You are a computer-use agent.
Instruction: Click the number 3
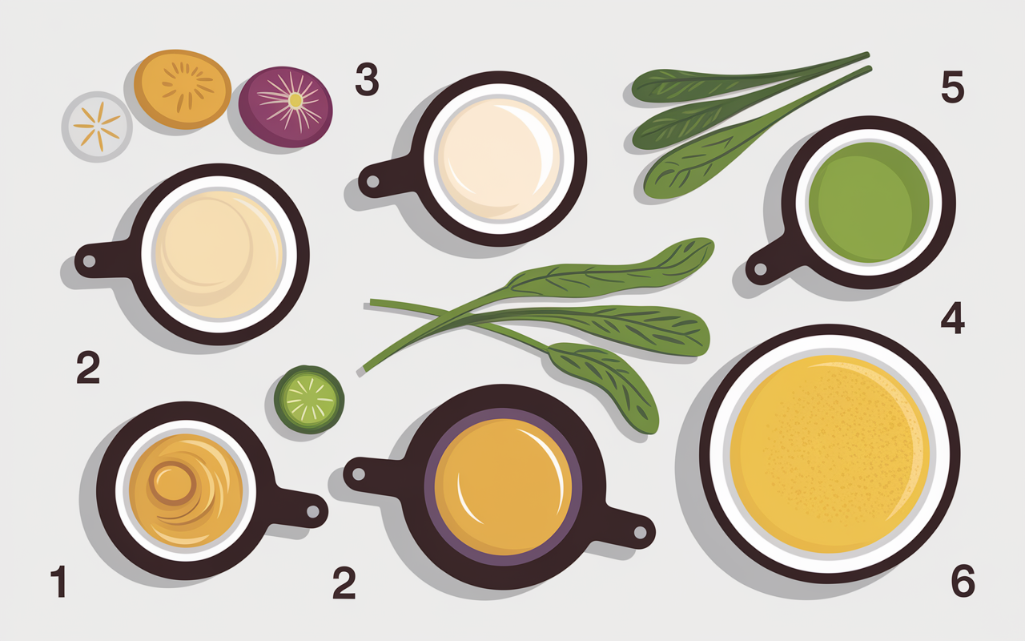coord(367,79)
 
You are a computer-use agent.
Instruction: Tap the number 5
coord(953,87)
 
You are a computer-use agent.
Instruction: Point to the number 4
coord(953,317)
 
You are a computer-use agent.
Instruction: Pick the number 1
coord(59,581)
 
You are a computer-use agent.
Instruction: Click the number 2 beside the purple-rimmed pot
coord(344,583)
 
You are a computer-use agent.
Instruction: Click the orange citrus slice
coord(182,89)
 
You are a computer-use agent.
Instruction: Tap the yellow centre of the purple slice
coord(295,100)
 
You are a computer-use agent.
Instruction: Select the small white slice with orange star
coord(97,127)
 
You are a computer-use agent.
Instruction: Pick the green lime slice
coord(309,399)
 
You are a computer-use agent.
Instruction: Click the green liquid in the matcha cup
coord(869,202)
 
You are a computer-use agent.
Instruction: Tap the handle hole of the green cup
coord(760,268)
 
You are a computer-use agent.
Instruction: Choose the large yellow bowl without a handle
coord(830,454)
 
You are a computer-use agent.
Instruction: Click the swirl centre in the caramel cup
coord(171,483)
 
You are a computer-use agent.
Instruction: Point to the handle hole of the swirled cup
coord(313,511)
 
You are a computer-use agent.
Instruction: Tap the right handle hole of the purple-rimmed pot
coord(640,533)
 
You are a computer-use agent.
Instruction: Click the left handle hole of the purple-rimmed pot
coord(359,474)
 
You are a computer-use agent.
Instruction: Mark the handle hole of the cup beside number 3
coord(373,182)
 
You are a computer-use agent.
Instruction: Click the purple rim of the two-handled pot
coord(429,487)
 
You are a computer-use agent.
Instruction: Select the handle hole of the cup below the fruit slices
coord(89,261)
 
